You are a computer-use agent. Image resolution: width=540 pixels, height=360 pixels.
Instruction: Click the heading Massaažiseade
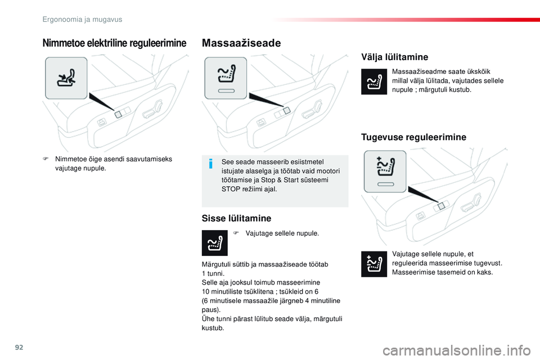coord(241,43)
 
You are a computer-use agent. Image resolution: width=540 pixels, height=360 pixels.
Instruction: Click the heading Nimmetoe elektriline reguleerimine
coord(114,43)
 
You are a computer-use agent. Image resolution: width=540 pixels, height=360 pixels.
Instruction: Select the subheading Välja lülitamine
coord(394,57)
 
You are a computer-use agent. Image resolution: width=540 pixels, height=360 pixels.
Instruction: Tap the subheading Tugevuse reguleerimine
coord(413,137)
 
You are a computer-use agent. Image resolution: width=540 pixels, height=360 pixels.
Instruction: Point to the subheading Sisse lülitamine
coord(236,218)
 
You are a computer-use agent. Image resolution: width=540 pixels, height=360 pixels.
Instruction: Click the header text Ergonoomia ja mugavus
coord(83,19)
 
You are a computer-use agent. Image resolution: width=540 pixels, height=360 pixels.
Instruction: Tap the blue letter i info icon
coord(210,164)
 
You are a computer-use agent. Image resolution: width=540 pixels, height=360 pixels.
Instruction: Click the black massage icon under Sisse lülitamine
coord(214,243)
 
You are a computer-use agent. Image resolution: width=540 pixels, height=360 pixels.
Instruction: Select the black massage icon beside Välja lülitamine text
coord(374,82)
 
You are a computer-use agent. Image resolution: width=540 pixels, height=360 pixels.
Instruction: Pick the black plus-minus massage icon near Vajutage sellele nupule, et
coord(374,264)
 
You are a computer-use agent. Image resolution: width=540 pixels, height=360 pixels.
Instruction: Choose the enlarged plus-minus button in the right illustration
coord(385,171)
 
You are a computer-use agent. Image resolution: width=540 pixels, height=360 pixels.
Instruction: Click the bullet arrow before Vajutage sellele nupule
coord(237,233)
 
